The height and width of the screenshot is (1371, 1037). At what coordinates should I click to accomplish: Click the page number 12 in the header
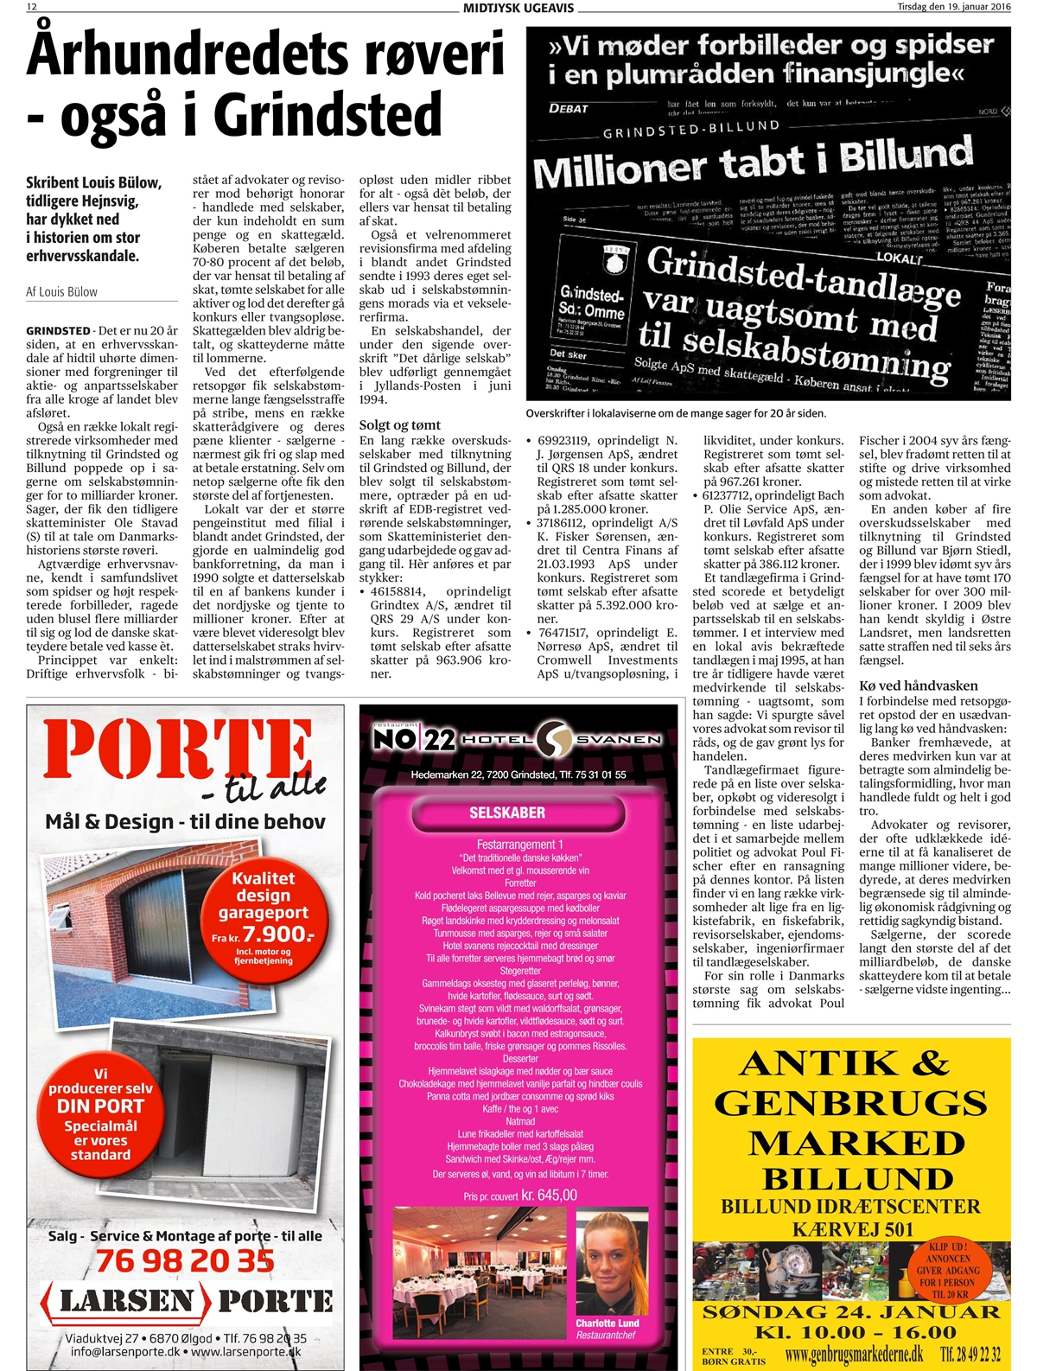click(x=32, y=7)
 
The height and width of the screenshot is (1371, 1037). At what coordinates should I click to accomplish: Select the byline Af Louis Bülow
click(x=61, y=292)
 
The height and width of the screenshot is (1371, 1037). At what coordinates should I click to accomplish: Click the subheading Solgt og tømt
click(x=399, y=425)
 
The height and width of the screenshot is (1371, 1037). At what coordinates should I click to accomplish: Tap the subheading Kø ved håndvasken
click(x=918, y=685)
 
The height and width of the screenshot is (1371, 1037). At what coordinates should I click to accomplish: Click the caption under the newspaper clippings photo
click(x=675, y=413)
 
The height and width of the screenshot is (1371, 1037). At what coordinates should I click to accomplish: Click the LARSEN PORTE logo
click(x=187, y=1301)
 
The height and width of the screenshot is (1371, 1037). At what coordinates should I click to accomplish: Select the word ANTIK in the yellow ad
click(x=810, y=1063)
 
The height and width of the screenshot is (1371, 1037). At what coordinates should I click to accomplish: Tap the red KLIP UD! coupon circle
click(x=948, y=1270)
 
